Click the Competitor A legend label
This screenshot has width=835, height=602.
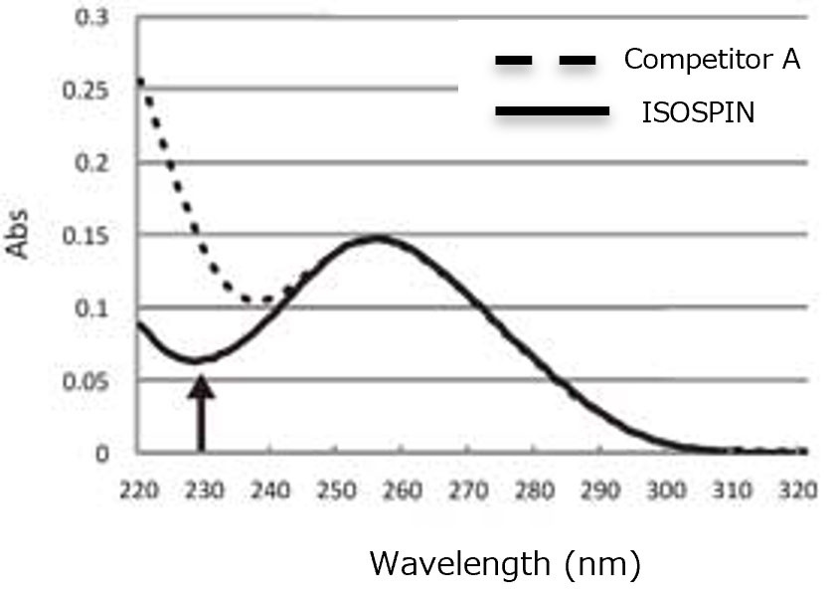(712, 61)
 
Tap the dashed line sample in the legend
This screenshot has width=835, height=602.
(545, 62)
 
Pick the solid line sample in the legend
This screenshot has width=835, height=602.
(551, 114)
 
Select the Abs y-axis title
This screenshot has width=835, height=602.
(21, 235)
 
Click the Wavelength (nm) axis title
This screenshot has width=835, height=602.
(505, 564)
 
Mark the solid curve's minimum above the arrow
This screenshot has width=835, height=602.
(199, 359)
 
